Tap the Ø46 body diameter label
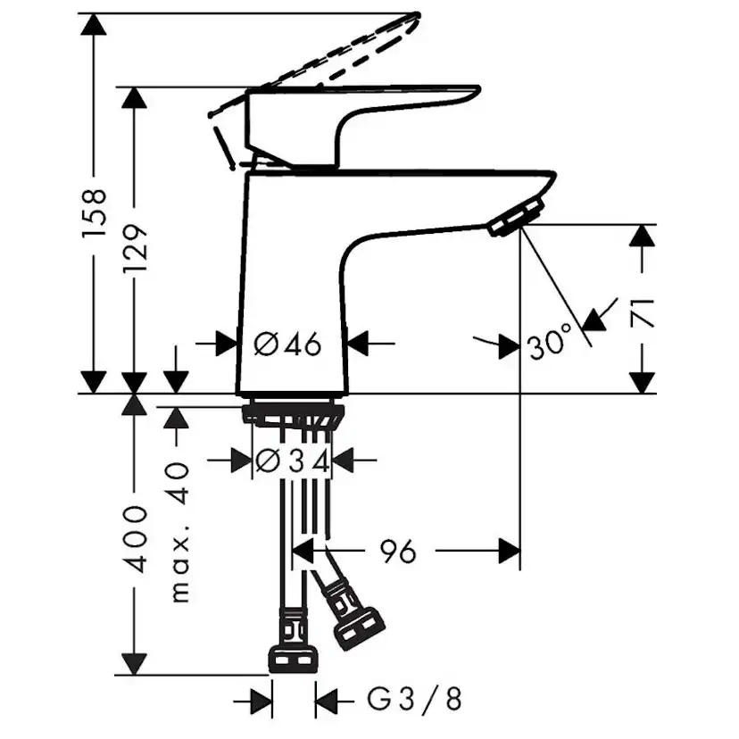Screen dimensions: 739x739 [287, 343]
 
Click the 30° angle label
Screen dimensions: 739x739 [549, 343]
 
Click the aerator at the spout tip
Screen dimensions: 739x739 [518, 217]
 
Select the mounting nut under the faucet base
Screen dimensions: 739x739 [293, 414]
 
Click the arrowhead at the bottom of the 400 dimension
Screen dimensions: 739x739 [134, 664]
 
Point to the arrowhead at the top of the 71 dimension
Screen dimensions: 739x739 [641, 236]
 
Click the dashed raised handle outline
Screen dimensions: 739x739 [321, 62]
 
